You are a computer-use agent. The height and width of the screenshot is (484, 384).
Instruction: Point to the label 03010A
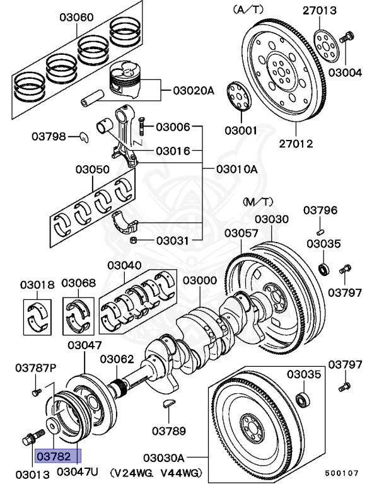click(x=237, y=169)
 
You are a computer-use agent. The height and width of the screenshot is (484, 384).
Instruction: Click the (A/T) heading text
click(x=249, y=9)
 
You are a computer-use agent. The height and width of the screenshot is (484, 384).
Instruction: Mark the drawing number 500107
click(x=343, y=472)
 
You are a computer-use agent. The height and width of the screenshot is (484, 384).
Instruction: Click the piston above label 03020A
click(x=129, y=79)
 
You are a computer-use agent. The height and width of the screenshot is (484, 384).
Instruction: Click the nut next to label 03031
click(x=133, y=240)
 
